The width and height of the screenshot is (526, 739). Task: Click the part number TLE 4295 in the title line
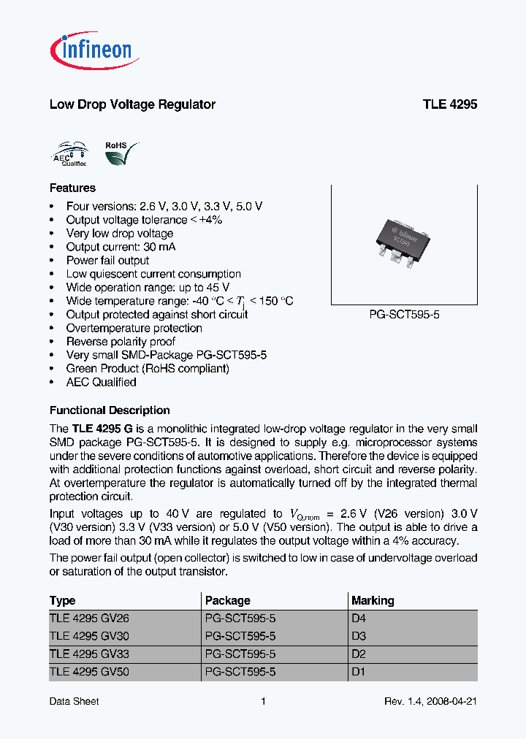pyautogui.click(x=449, y=104)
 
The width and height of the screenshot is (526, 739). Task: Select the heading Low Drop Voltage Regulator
pyautogui.click(x=132, y=104)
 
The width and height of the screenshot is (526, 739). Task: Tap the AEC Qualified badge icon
pyautogui.click(x=70, y=155)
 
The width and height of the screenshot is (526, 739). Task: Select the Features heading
pyautogui.click(x=72, y=188)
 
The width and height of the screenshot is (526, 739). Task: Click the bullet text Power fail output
pyautogui.click(x=107, y=261)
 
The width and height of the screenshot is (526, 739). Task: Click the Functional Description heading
pyautogui.click(x=110, y=410)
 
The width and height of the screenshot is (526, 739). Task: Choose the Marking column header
pyautogui.click(x=373, y=601)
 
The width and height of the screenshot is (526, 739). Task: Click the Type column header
pyautogui.click(x=62, y=601)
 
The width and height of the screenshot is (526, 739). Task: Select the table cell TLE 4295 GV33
pyautogui.click(x=89, y=654)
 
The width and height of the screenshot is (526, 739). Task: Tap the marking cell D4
pyautogui.click(x=359, y=619)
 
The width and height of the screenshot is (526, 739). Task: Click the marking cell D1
pyautogui.click(x=359, y=672)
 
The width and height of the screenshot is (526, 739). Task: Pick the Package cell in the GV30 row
pyautogui.click(x=240, y=636)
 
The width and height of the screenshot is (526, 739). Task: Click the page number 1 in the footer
pyautogui.click(x=263, y=702)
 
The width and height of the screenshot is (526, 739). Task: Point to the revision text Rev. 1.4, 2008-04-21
pyautogui.click(x=430, y=702)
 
